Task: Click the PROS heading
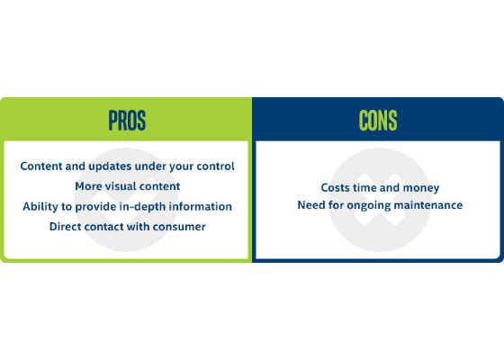127,121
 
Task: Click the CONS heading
378,121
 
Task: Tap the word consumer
179,227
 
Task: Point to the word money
421,188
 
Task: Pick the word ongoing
369,206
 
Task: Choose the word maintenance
428,205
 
